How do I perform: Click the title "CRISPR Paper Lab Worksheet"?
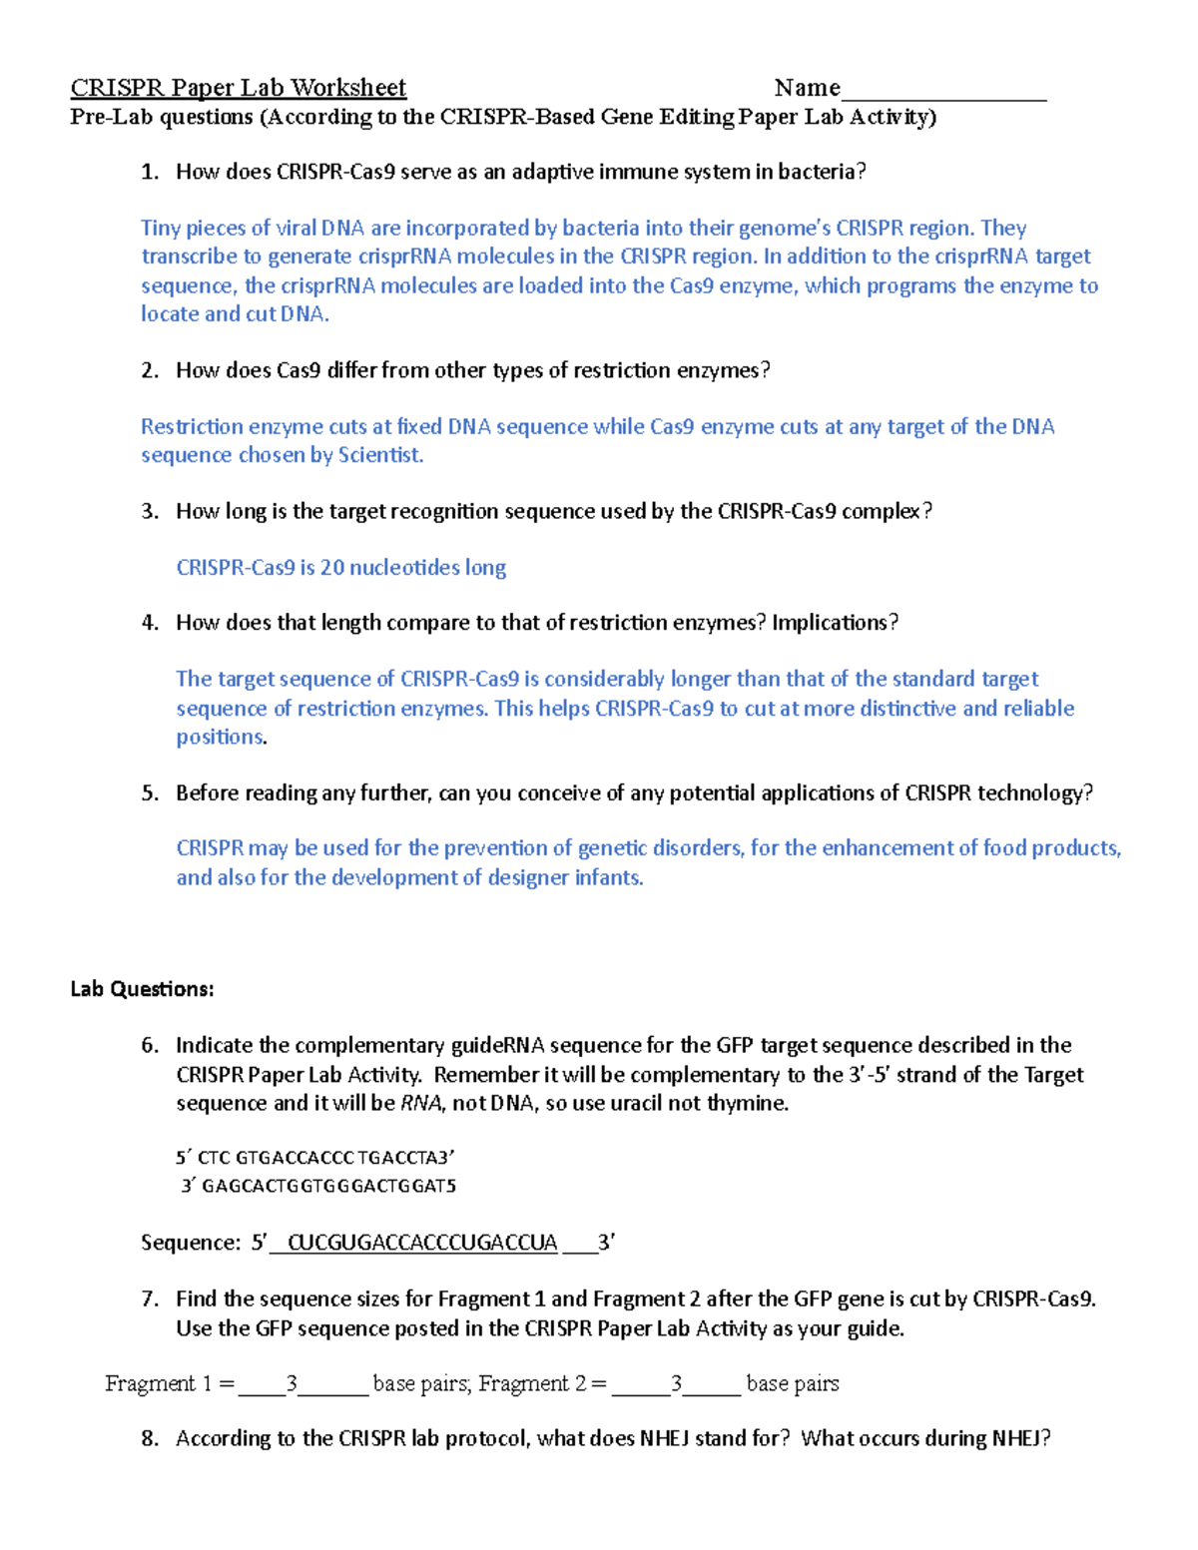coord(238,88)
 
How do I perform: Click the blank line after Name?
coord(943,92)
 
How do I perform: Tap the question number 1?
coord(149,172)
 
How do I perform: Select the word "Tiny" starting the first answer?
coord(160,228)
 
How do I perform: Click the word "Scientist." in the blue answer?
coord(380,455)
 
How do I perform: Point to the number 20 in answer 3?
coord(331,568)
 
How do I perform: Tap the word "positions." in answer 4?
coord(222,738)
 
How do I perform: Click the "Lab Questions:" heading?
coord(142,989)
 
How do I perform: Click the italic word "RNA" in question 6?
coord(420,1103)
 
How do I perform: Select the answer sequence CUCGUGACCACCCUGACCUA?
coord(421,1243)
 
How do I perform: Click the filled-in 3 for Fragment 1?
coord(292,1383)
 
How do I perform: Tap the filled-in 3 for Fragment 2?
coord(676,1383)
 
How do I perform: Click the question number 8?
coord(150,1438)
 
